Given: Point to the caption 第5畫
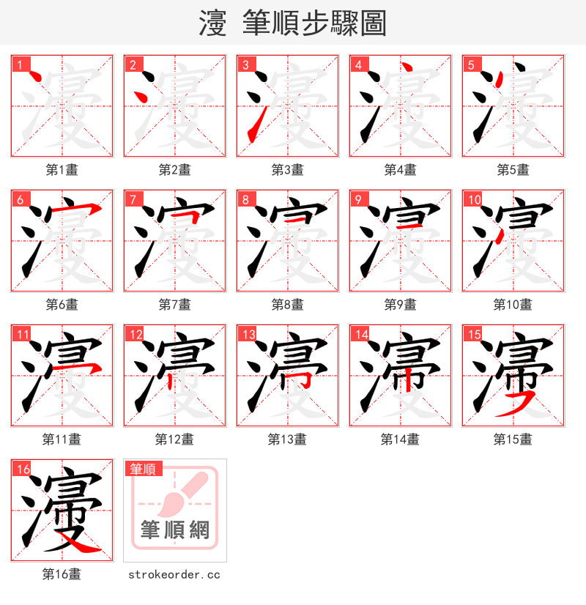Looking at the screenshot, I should [x=513, y=170].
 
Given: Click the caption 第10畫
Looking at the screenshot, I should [x=513, y=305].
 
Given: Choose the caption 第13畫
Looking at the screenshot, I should [x=287, y=439].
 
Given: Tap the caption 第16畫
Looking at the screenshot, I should [x=62, y=574].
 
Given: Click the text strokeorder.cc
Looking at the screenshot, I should [x=174, y=575].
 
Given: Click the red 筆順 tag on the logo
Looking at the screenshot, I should [x=143, y=469].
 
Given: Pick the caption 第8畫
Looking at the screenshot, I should [x=287, y=305].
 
